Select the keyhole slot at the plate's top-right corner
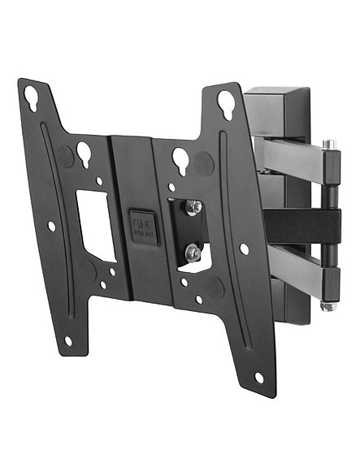(225, 102)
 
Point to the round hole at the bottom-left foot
(68, 339)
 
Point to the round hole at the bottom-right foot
(259, 378)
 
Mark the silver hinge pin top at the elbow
(327, 145)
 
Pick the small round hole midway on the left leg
(51, 226)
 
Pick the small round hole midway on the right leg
(244, 249)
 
